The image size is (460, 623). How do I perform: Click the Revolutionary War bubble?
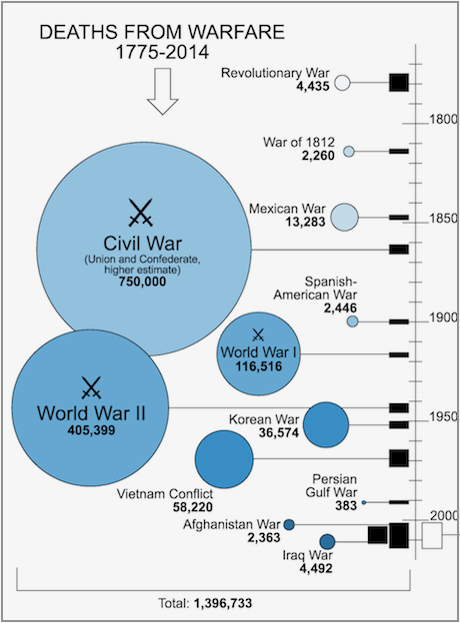tap(342, 83)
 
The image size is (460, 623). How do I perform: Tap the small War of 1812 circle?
tap(349, 152)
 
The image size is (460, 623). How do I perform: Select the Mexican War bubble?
tap(345, 217)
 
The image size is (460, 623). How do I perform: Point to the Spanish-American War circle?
tap(352, 321)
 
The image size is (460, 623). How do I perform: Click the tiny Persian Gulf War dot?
tap(364, 502)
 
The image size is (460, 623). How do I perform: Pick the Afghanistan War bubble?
tap(289, 524)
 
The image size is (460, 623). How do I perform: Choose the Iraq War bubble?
tap(327, 541)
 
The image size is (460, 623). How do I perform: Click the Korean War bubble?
tap(326, 424)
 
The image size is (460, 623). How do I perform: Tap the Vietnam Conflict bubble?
tap(224, 459)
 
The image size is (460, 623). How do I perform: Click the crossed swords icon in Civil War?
tap(141, 213)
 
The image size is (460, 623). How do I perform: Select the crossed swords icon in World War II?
tap(91, 387)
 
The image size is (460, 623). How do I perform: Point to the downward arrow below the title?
tap(162, 92)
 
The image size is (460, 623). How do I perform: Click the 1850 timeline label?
tap(443, 218)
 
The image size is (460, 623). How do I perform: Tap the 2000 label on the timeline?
tap(444, 516)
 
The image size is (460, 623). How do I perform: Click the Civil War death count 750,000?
tap(142, 282)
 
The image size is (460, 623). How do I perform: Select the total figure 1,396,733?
tap(223, 603)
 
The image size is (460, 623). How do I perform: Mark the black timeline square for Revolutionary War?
tap(399, 83)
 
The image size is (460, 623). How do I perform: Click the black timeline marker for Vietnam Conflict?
tap(399, 458)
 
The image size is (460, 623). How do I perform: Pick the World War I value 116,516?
tap(259, 366)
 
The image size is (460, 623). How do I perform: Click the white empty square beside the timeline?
tap(432, 535)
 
